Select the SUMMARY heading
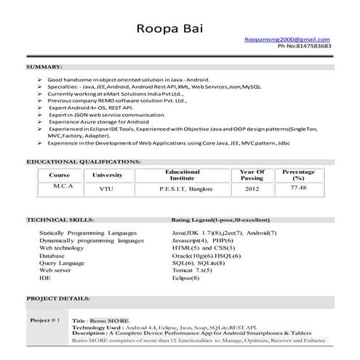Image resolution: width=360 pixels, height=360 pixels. (x=44, y=66)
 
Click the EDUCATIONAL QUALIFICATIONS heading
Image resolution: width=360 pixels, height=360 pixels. (x=84, y=161)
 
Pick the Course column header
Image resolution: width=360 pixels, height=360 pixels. (x=59, y=175)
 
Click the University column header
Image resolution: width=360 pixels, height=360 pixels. (x=108, y=175)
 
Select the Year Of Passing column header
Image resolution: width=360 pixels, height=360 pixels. (x=252, y=175)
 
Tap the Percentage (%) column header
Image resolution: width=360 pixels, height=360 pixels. (x=298, y=175)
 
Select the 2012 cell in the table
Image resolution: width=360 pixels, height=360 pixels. (x=252, y=189)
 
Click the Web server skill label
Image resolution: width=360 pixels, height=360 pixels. (x=56, y=270)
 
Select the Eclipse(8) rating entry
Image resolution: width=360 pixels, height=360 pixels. (x=186, y=278)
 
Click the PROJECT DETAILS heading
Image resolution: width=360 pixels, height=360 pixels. (x=57, y=299)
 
